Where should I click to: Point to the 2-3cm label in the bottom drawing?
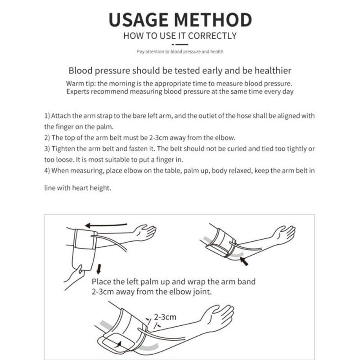[165, 317]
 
